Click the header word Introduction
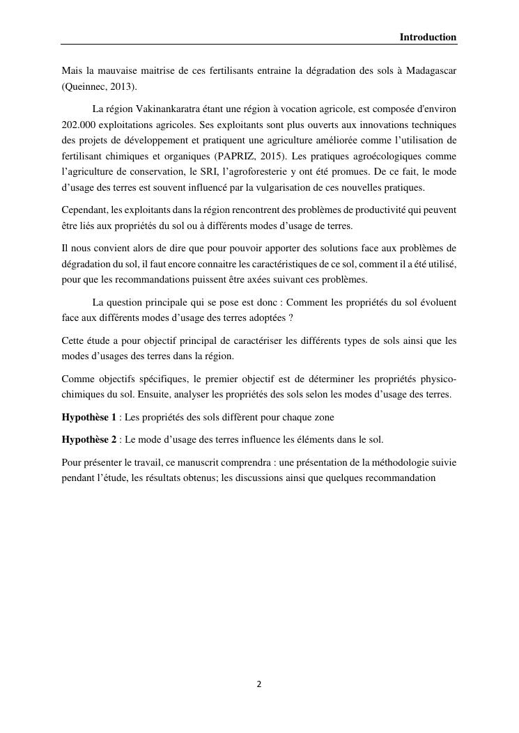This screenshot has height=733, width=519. (x=428, y=37)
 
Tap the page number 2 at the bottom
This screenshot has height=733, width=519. (x=259, y=684)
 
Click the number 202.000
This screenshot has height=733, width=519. (x=82, y=125)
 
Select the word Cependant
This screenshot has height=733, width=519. (x=84, y=210)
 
